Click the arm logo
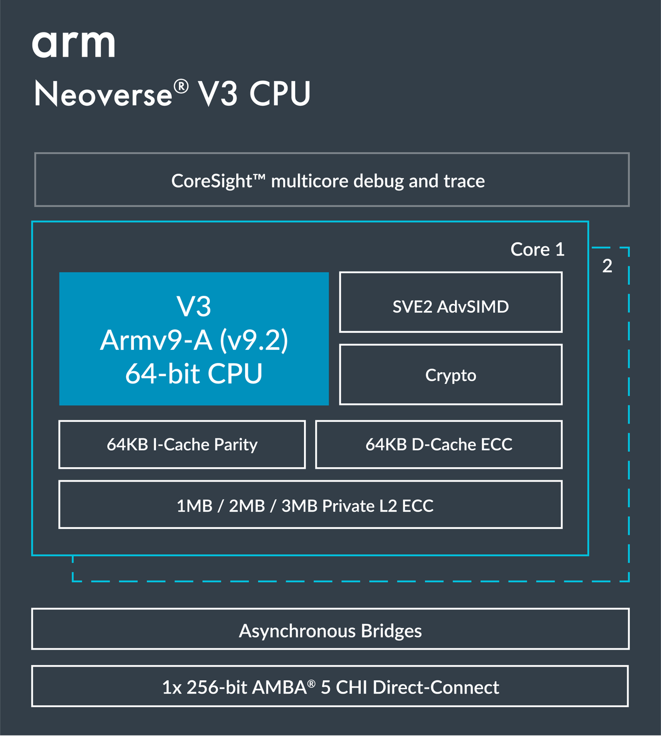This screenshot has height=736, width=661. [74, 45]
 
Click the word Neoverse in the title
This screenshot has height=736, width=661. [104, 94]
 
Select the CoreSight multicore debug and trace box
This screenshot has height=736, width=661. [332, 180]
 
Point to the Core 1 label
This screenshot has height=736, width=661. [537, 250]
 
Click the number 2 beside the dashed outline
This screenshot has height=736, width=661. [607, 266]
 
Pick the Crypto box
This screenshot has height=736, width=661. [451, 375]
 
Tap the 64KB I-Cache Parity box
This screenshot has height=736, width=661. [182, 445]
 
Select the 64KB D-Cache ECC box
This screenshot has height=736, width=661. [438, 445]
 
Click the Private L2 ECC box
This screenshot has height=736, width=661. [310, 505]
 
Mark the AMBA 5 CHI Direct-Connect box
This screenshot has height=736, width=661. [330, 686]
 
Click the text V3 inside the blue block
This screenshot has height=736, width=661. [193, 306]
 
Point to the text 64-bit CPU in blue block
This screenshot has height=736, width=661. [193, 374]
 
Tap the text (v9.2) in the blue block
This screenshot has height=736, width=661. [253, 340]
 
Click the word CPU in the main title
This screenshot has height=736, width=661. [280, 94]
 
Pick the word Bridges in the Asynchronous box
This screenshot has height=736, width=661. [391, 631]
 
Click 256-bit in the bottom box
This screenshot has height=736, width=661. [216, 688]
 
